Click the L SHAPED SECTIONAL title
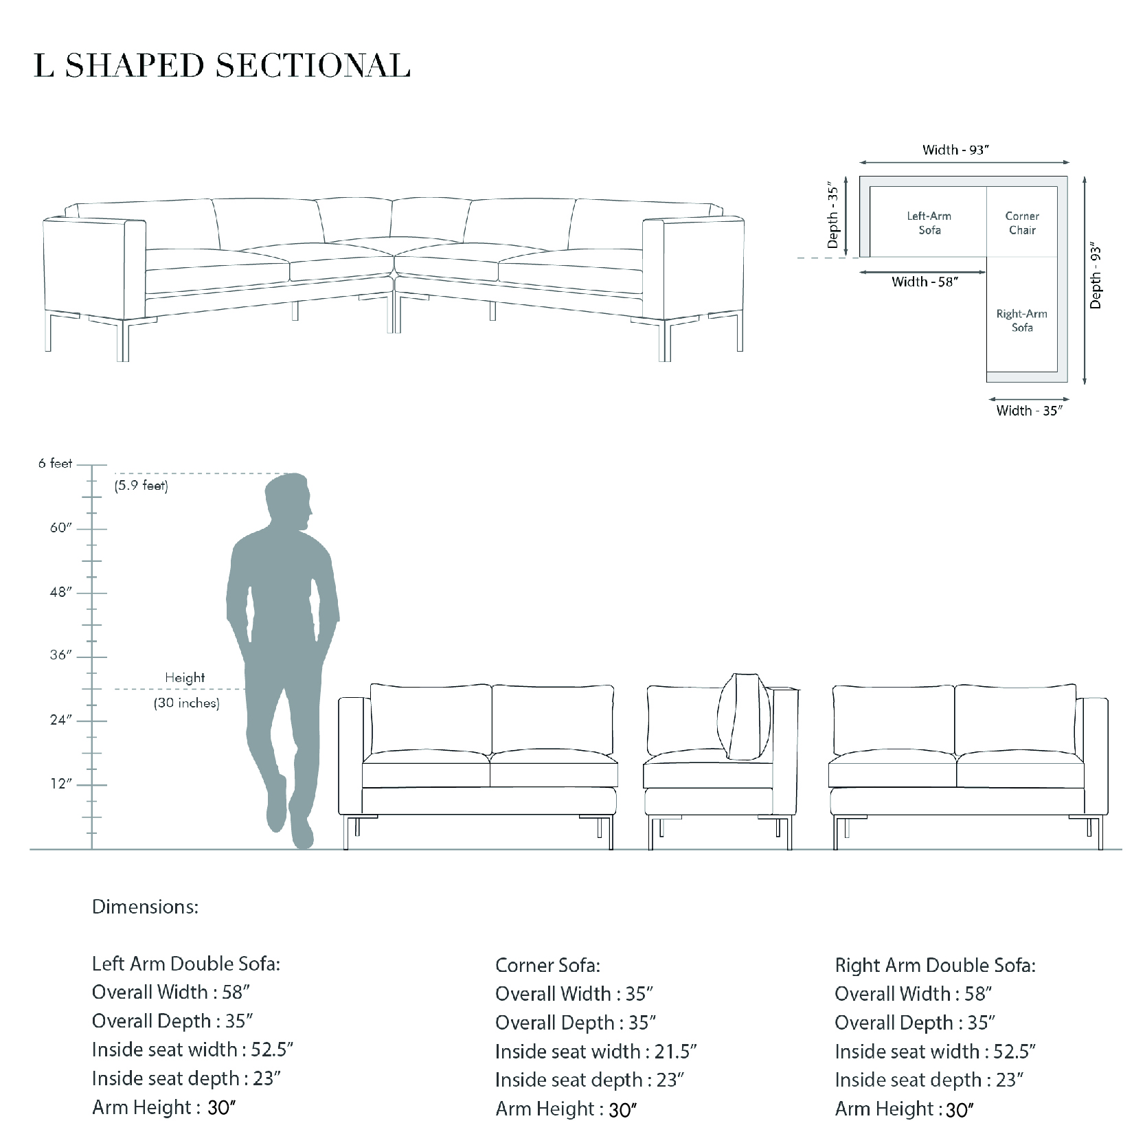coord(222,65)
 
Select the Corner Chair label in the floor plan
coord(1022,223)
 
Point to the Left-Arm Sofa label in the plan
coord(929,223)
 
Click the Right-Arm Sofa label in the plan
coord(1022,321)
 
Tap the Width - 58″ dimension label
coord(925,282)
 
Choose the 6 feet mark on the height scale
coord(55,464)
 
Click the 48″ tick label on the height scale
coord(60,592)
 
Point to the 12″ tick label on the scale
coord(60,784)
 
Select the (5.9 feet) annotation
coord(141,486)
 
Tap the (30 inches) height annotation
coord(187,703)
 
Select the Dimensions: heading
coord(145,907)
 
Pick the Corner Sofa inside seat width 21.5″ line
coord(596,1052)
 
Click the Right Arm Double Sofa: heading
coord(935,966)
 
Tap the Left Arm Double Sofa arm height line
coord(164,1108)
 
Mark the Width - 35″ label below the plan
coord(1029,411)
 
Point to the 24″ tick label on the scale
coord(60,720)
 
